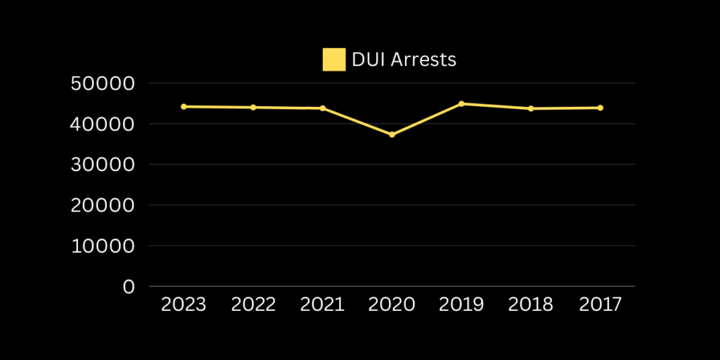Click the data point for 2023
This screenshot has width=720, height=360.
point(184,106)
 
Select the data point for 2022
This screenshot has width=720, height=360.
point(253,107)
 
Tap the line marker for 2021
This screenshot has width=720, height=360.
point(323,108)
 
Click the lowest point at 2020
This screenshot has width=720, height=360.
point(392,134)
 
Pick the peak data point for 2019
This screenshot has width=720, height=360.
point(461,103)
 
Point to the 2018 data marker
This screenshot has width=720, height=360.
point(531,108)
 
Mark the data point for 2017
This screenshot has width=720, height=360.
point(600,108)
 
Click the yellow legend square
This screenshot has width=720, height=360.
point(334,60)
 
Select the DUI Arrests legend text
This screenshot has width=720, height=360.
point(404,60)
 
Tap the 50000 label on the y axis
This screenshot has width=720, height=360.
point(103,84)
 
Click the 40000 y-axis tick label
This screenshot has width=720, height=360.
point(103,124)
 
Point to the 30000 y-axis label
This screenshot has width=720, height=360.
point(103,165)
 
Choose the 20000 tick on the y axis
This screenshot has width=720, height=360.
point(103,206)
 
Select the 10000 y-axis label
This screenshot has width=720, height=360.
point(103,247)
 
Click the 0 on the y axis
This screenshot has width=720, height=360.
point(128,287)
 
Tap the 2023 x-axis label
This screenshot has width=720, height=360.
point(184,304)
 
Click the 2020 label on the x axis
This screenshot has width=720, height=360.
point(392,304)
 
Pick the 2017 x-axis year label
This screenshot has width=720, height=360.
point(600,304)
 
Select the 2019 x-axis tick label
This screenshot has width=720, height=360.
point(461,304)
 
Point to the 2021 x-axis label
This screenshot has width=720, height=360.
point(323,304)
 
